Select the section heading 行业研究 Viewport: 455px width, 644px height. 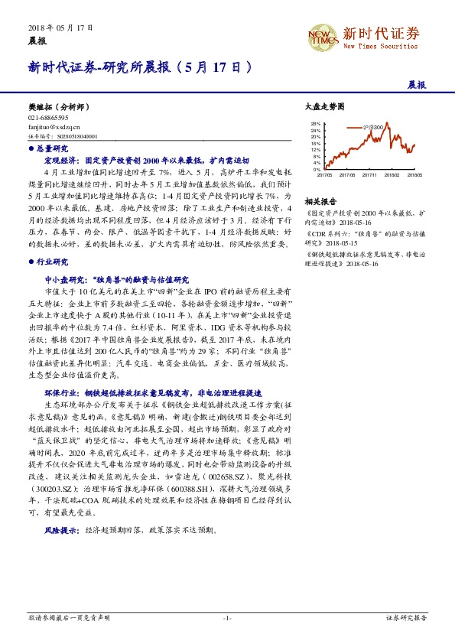click(52, 261)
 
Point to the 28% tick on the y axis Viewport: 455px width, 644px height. click(316, 123)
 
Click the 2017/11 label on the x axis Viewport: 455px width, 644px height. click(371, 174)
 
